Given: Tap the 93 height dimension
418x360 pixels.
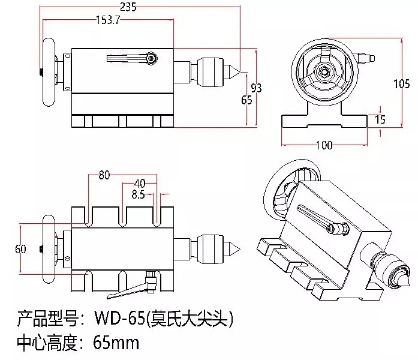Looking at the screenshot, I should tap(256, 88).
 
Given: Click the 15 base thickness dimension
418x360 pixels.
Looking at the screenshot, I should tap(379, 119).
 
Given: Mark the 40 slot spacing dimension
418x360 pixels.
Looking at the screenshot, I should tap(139, 183).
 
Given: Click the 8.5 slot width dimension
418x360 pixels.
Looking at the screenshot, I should tap(138, 194).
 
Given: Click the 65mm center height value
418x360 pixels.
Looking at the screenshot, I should tap(116, 343).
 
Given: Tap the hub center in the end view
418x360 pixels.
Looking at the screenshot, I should tap(323, 73).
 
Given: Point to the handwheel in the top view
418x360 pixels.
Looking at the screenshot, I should tap(47, 248).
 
